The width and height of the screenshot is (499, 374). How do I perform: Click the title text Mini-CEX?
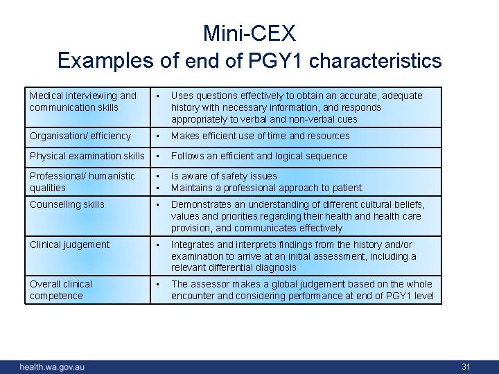point(249,33)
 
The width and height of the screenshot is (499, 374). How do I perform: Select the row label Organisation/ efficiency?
point(80,136)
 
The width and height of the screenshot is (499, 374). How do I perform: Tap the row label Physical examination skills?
point(87,157)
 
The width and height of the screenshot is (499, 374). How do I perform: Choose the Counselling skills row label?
point(67,204)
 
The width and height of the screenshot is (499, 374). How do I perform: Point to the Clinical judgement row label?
point(69,244)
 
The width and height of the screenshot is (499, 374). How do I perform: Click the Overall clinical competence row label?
point(61,290)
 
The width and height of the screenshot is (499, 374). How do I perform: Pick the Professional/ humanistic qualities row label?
point(82,182)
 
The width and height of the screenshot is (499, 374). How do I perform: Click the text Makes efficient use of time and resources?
point(260,136)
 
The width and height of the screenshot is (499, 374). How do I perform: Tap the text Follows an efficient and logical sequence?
point(259,157)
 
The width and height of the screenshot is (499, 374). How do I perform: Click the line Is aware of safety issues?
point(224,177)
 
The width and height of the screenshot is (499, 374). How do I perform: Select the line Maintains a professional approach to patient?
point(266,188)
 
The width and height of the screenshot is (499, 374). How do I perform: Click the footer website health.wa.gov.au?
point(52,366)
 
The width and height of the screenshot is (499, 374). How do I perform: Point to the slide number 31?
point(466,366)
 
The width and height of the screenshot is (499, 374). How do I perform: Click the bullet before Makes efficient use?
point(159,136)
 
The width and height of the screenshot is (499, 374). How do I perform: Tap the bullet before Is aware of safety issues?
point(159,177)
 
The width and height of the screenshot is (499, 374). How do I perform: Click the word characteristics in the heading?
point(376,61)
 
